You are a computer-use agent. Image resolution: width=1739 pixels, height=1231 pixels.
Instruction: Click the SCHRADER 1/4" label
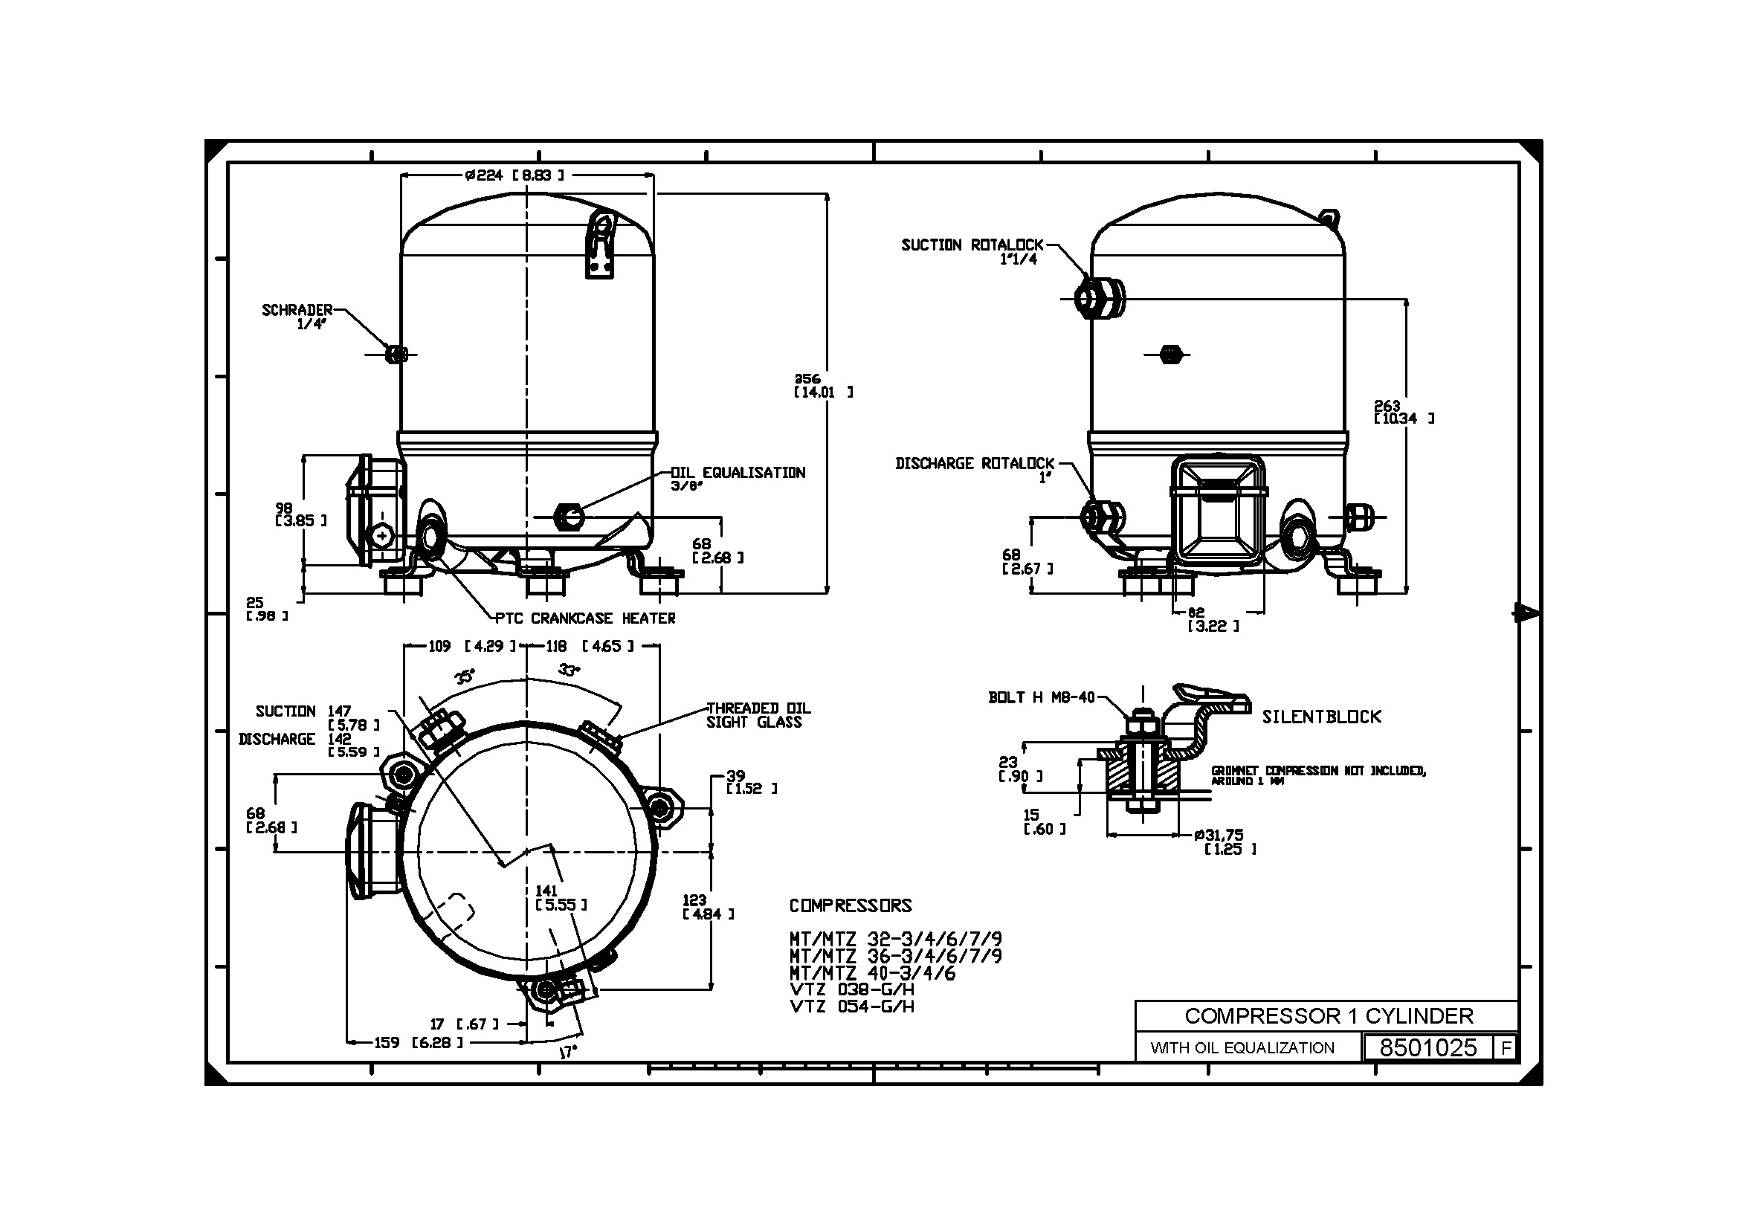(297, 316)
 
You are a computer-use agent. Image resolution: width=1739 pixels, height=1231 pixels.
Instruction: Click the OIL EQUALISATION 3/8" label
(738, 477)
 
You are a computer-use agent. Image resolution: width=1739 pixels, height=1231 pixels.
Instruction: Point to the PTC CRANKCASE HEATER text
(584, 618)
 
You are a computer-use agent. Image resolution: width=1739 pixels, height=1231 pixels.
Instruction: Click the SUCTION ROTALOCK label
(972, 251)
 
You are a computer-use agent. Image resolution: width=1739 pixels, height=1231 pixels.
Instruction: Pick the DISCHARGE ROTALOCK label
(975, 469)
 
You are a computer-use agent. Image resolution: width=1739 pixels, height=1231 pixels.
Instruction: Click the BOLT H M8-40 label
(1042, 697)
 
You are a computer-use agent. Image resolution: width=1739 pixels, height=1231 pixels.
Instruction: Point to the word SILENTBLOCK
(1321, 717)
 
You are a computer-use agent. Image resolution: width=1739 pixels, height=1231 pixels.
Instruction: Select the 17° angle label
(567, 1052)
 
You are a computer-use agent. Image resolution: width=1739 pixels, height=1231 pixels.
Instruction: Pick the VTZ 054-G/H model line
(851, 1007)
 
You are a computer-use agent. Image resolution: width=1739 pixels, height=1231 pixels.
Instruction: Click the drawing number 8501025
(1427, 1047)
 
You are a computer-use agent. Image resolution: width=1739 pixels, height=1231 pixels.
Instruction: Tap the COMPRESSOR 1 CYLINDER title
(1328, 1015)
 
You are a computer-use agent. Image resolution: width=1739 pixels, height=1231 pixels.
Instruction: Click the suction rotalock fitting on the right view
(1100, 298)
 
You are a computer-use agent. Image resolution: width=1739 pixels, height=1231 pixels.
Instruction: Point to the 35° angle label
(465, 676)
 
